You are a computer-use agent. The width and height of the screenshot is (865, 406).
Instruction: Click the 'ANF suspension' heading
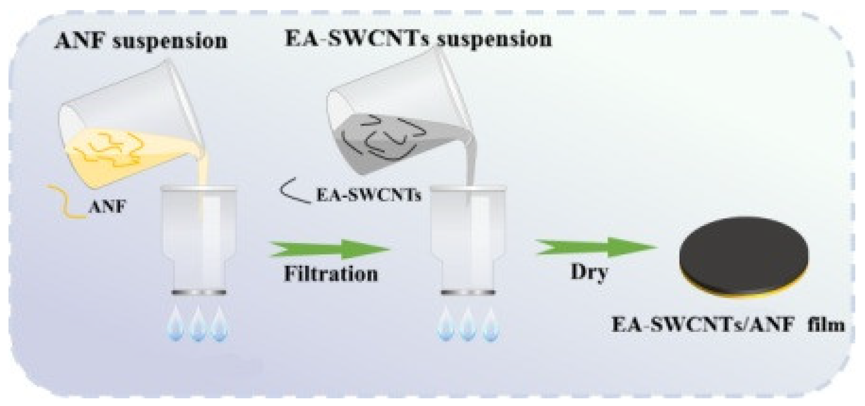[x=141, y=41]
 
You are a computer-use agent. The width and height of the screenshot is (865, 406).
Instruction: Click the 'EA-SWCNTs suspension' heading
[x=418, y=39]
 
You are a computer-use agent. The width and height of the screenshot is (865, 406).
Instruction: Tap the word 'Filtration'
[x=331, y=274]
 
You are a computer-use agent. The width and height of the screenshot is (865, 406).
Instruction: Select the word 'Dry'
[x=589, y=272]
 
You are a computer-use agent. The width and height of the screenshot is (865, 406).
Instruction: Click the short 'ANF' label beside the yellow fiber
[x=107, y=207]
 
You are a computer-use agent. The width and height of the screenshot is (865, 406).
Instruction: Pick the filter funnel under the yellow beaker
[x=198, y=239]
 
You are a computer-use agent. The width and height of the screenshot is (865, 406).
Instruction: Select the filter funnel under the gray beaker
[x=468, y=239]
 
